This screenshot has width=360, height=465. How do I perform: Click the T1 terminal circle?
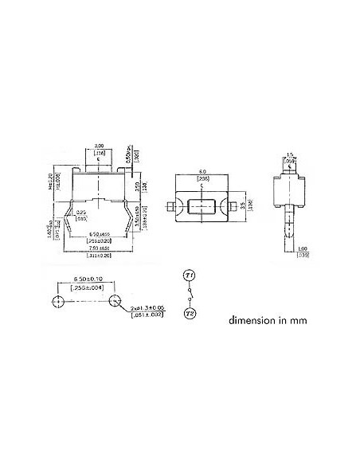point(189,275)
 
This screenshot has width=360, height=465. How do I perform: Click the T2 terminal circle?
point(189,314)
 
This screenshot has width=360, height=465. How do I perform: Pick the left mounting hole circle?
point(57,301)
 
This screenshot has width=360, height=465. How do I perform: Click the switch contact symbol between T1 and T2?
point(189,295)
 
